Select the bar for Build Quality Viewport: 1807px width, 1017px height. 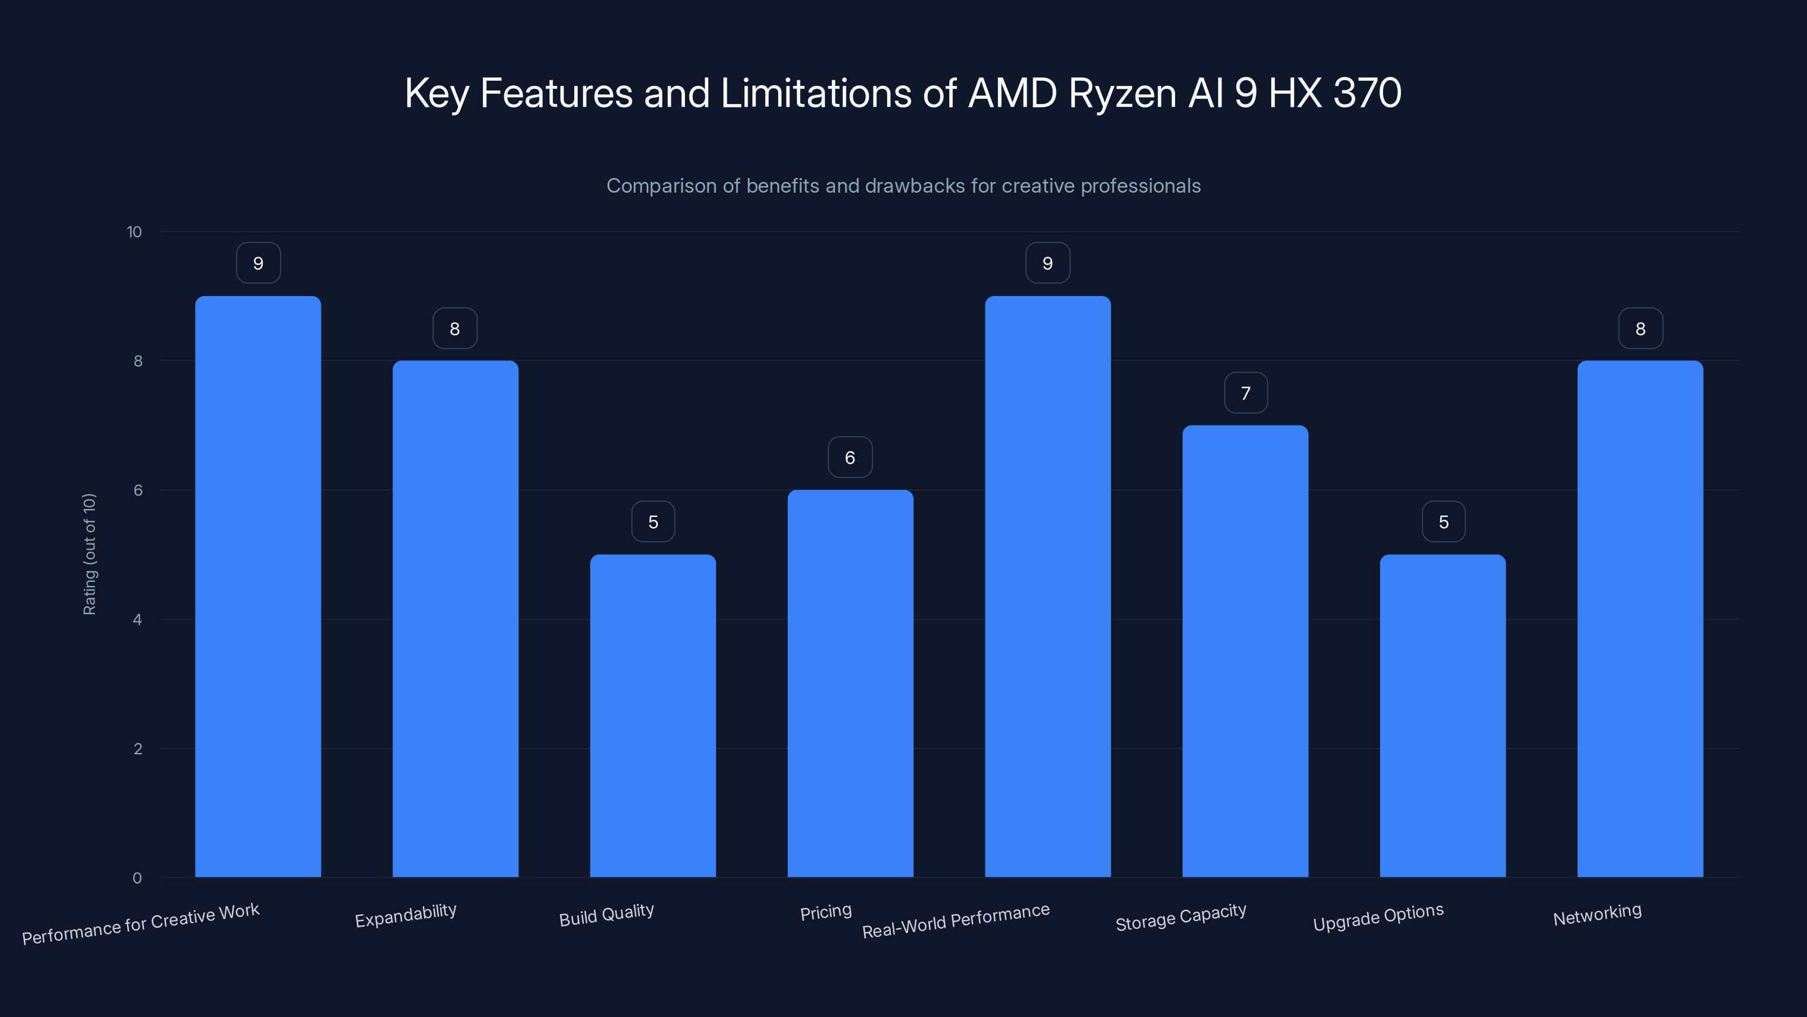[x=652, y=716]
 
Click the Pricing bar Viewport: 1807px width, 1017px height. [x=850, y=684]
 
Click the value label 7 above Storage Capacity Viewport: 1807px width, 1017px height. [x=1246, y=393]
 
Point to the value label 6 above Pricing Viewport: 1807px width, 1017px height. [x=850, y=458]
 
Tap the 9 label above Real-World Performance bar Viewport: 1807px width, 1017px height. [x=1047, y=263]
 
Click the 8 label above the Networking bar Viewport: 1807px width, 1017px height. [x=1640, y=328]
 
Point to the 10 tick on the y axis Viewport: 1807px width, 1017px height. [x=134, y=232]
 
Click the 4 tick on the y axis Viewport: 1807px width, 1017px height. [x=137, y=620]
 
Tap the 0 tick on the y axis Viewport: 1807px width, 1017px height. [x=137, y=878]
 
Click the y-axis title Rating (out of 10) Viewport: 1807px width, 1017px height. [x=90, y=554]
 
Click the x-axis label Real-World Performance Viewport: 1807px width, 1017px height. [x=955, y=921]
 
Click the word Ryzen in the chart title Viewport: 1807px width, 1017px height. [x=1123, y=93]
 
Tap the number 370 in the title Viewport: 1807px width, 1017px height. [x=1367, y=93]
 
